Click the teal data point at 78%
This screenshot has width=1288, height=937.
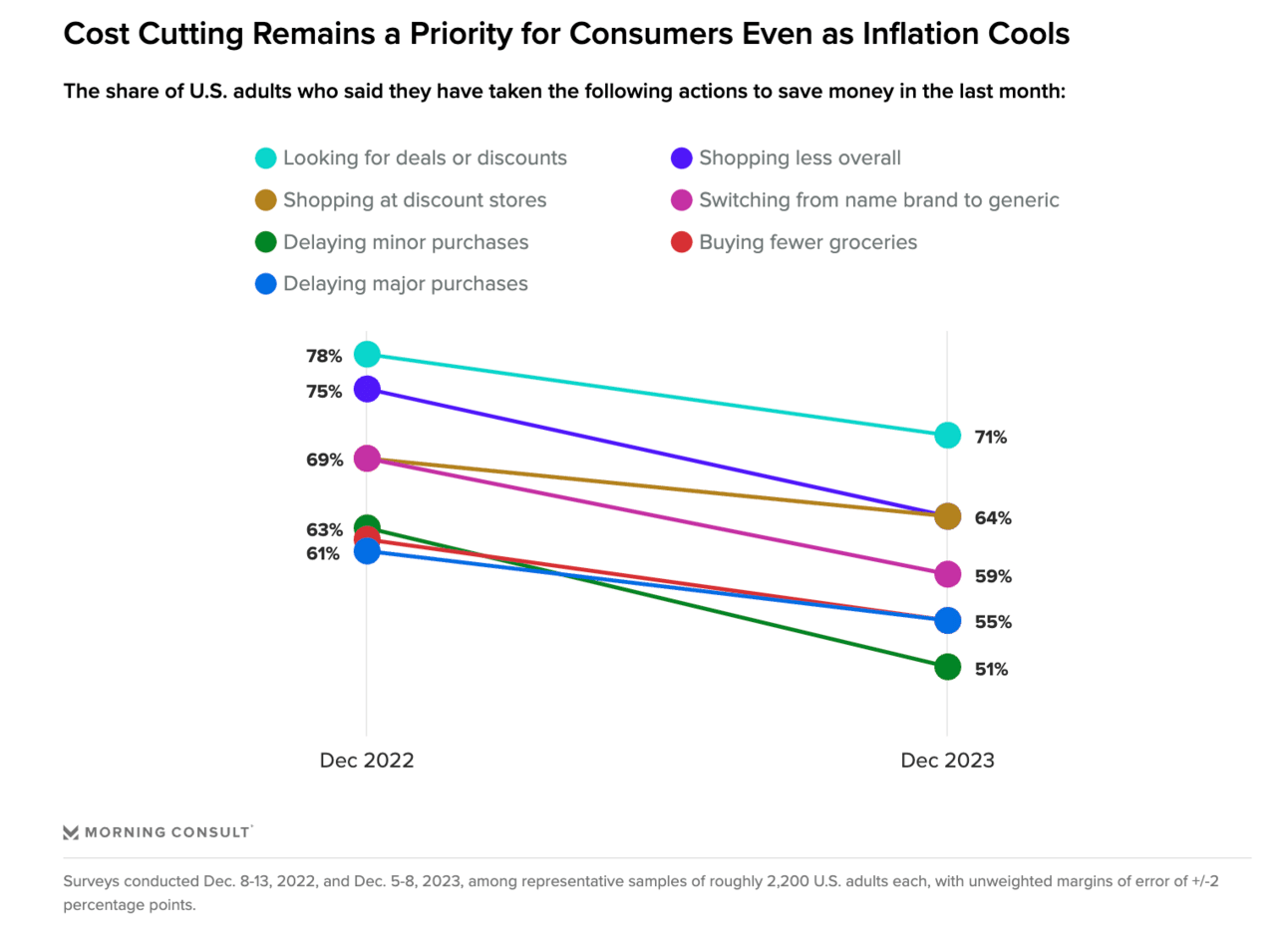coord(367,354)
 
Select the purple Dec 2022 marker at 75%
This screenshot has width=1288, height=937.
coord(367,389)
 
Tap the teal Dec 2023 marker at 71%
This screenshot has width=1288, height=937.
coord(947,436)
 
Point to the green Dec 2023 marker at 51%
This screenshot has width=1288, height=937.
coord(947,667)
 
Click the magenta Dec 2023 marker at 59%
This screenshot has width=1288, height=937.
coord(947,574)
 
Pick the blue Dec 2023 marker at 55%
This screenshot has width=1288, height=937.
coord(947,621)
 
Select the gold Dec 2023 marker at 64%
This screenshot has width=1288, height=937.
coord(947,516)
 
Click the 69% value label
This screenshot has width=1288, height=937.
coord(324,460)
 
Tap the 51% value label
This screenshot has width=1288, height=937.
coord(991,670)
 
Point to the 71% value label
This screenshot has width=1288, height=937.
coord(991,438)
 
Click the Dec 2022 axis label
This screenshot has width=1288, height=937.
coord(366,761)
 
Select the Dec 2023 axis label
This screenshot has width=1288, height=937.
coord(947,761)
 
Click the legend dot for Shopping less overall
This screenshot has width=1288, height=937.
coord(682,158)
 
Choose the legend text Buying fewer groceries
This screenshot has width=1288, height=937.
coord(807,242)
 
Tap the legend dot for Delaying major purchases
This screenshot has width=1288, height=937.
coord(265,284)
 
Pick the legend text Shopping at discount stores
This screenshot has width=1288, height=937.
coord(415,200)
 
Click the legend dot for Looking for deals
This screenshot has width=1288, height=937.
coord(265,158)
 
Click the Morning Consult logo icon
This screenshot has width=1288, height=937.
coord(71,832)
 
